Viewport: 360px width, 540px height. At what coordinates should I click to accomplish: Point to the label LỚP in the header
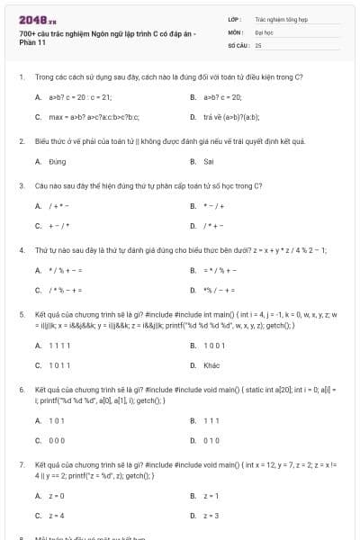(x=234, y=18)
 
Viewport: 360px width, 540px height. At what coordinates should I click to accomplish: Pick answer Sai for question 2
(x=209, y=162)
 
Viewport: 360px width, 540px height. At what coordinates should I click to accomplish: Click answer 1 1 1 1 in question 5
(x=59, y=346)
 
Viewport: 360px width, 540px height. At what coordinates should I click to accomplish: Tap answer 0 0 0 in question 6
(x=57, y=440)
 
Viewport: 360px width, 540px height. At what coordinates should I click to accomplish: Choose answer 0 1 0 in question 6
(x=211, y=440)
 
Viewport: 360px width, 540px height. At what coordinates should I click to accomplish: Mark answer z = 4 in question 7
(x=57, y=515)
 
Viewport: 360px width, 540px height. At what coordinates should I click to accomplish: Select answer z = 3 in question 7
(x=211, y=515)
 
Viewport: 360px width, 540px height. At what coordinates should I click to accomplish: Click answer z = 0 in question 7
(x=57, y=495)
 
